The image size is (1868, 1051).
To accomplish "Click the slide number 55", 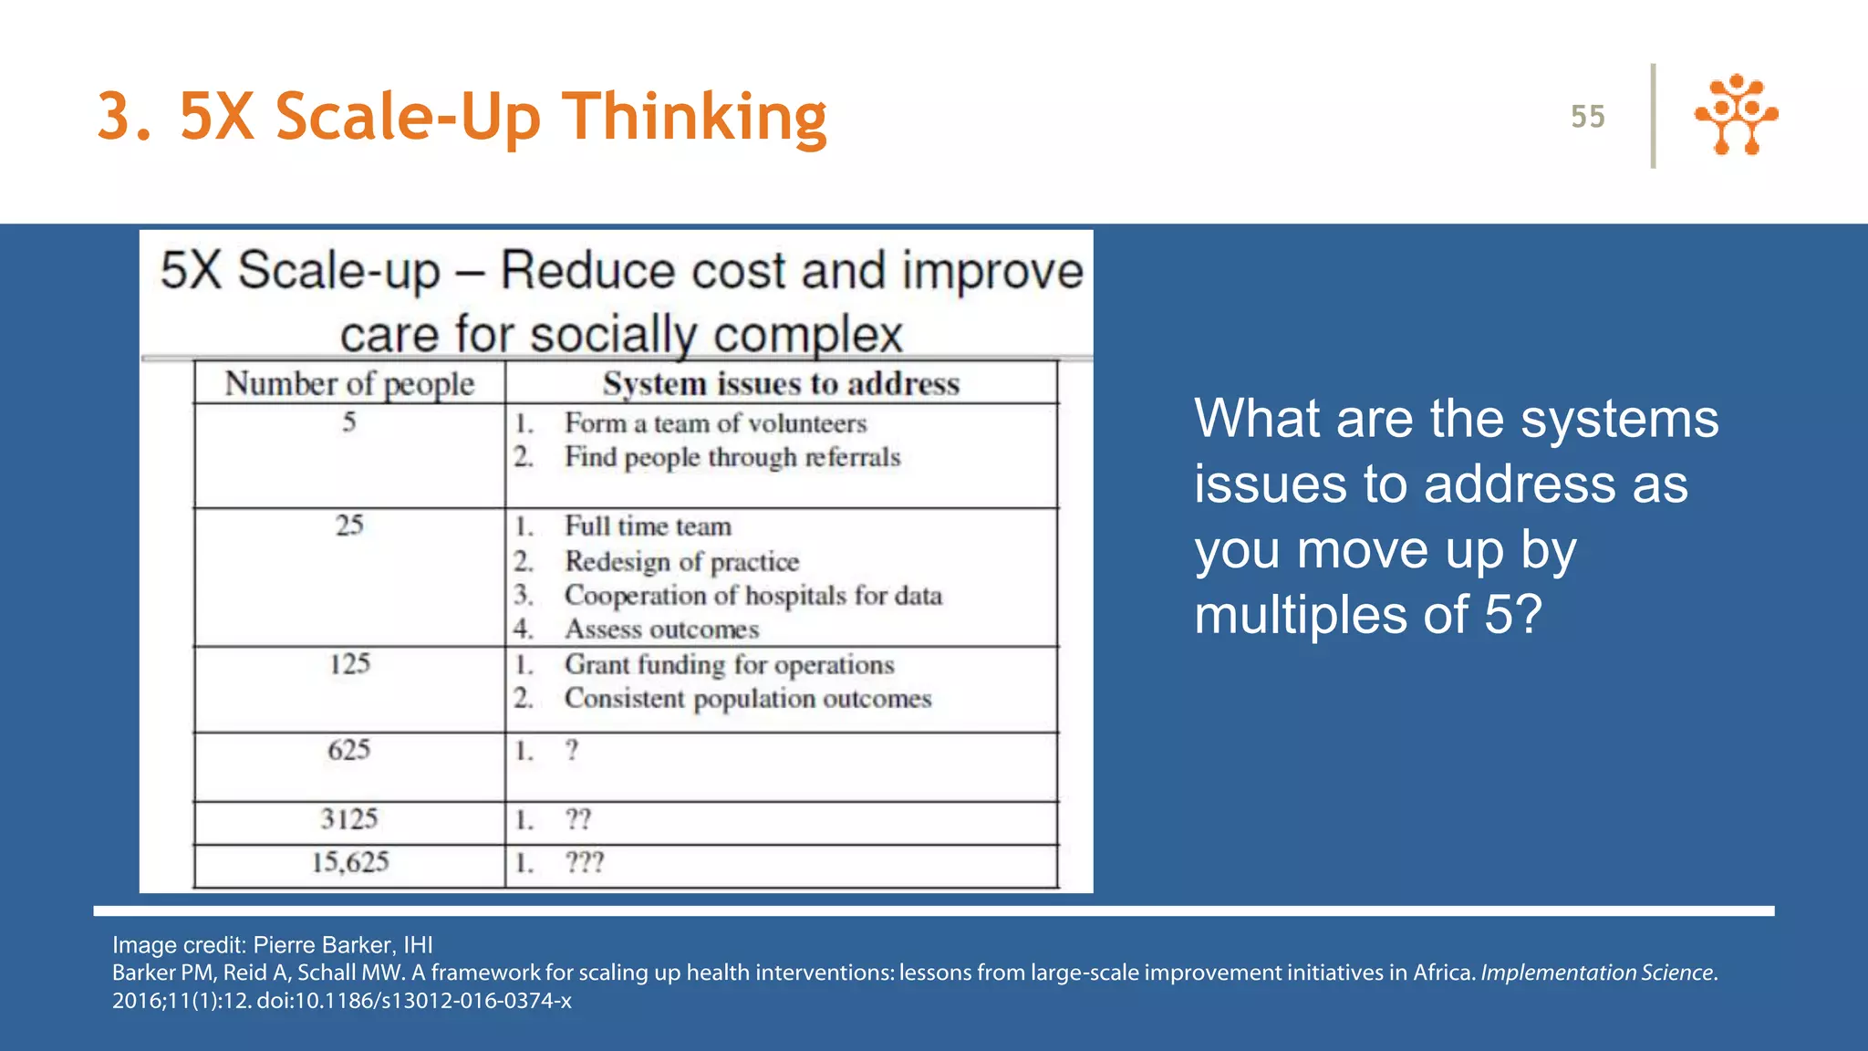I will coord(1587,117).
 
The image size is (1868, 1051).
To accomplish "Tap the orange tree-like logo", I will coord(1736,115).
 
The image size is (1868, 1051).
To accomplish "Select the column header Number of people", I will coord(349,384).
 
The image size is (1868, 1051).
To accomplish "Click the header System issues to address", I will coord(781,384).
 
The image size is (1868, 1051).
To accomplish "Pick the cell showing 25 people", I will coord(349,525).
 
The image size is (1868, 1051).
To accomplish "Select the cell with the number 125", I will coord(349,663).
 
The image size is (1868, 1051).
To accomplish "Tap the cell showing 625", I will coord(349,750).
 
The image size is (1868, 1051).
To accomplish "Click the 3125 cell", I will coord(349,819).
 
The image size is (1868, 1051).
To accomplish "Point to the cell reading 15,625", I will coord(350,862).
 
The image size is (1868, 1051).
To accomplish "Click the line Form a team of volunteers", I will coord(715,423).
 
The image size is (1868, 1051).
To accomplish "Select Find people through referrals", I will coord(732,457).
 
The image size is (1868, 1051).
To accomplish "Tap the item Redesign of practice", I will coord(681,561).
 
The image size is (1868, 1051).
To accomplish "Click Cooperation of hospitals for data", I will coord(752,596).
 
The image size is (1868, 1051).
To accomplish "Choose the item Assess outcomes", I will coord(661,630).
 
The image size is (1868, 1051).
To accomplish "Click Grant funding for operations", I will coord(729,665).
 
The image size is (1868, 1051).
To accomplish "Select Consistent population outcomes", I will coord(748,699).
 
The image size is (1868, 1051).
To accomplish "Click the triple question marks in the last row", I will coord(585,862).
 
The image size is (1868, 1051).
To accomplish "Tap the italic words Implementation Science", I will coord(1596,973).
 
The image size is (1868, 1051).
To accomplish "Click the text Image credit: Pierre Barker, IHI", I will coord(272,945).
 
